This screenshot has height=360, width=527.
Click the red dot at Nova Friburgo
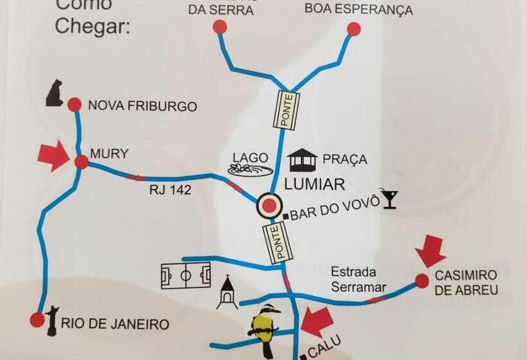click(x=75, y=104)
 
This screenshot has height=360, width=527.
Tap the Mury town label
click(x=109, y=154)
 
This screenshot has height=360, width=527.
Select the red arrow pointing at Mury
click(x=53, y=156)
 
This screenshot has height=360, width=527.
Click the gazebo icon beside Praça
click(x=303, y=160)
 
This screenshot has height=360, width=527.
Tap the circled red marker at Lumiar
click(x=270, y=206)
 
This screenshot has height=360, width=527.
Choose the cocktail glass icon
click(x=388, y=199)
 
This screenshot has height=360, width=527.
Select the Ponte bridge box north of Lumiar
click(x=287, y=110)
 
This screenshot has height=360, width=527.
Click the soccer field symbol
click(x=186, y=275)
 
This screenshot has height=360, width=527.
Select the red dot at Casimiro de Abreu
click(x=422, y=281)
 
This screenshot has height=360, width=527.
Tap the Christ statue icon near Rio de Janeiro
click(x=52, y=319)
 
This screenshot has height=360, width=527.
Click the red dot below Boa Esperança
click(x=353, y=29)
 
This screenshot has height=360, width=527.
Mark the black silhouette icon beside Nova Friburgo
click(x=55, y=94)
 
